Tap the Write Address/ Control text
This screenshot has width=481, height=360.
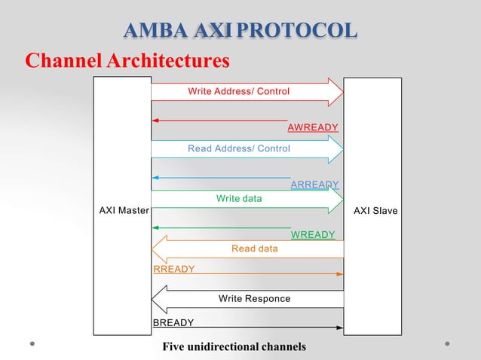(238, 91)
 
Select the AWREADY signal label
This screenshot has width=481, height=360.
(313, 127)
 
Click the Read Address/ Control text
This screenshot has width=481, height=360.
(238, 149)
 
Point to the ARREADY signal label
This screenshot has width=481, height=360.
(314, 185)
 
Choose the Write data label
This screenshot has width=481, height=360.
(239, 199)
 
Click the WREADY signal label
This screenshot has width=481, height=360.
(312, 235)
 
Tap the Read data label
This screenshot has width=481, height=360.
(254, 249)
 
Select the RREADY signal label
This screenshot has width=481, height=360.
(174, 269)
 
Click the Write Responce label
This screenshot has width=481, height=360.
(254, 299)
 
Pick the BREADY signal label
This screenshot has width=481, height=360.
(173, 323)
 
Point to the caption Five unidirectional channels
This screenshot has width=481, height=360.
(234, 347)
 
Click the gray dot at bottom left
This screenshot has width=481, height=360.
(33, 344)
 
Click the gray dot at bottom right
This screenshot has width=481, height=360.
(447, 344)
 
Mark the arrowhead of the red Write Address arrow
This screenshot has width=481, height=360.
(336, 91)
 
